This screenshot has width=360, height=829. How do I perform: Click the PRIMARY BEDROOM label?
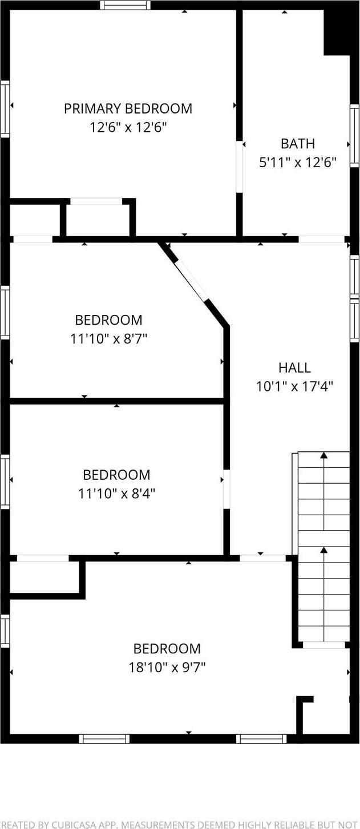click(x=128, y=108)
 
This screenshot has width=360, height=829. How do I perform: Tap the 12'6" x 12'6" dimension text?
click(x=128, y=127)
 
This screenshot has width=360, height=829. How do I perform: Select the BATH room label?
click(x=297, y=144)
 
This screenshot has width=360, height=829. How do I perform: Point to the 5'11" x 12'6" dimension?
click(x=297, y=162)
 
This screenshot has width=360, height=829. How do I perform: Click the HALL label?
click(x=294, y=367)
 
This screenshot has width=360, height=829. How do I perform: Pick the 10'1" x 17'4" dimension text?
click(x=294, y=386)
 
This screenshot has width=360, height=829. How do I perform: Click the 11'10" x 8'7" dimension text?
click(x=108, y=338)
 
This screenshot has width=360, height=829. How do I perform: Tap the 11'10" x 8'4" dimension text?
click(x=116, y=493)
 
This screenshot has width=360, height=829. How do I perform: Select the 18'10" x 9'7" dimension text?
click(x=167, y=666)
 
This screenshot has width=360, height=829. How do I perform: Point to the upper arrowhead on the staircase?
click(x=323, y=455)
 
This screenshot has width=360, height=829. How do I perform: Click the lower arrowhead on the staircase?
click(x=323, y=550)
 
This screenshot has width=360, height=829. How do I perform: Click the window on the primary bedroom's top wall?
click(x=126, y=5)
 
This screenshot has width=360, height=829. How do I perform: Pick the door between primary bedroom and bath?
click(x=240, y=166)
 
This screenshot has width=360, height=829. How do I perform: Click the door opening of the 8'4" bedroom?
click(x=226, y=489)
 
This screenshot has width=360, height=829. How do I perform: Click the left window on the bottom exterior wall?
click(x=104, y=739)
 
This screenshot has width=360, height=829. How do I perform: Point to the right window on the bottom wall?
click(x=261, y=739)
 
